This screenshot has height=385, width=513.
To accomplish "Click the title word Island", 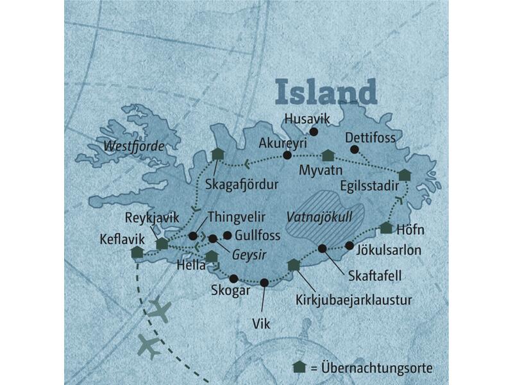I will (x=326, y=92).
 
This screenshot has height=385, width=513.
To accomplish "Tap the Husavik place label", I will (x=306, y=118).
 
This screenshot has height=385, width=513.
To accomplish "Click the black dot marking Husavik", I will (x=314, y=133).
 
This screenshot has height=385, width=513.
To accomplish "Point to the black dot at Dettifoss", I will (x=354, y=150).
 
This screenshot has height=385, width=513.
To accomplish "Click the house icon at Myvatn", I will (x=328, y=155).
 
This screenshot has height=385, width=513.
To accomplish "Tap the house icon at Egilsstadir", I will (x=404, y=175).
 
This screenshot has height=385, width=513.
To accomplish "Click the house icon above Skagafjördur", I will (x=216, y=154).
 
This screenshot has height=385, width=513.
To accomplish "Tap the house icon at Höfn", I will (x=386, y=227).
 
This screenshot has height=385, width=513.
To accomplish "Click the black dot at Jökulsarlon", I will (x=349, y=245).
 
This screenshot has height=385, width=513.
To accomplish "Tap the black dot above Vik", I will (x=264, y=282).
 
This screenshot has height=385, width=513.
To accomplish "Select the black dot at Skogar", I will (x=233, y=278).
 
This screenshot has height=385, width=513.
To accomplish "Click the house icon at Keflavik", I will (x=136, y=253).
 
